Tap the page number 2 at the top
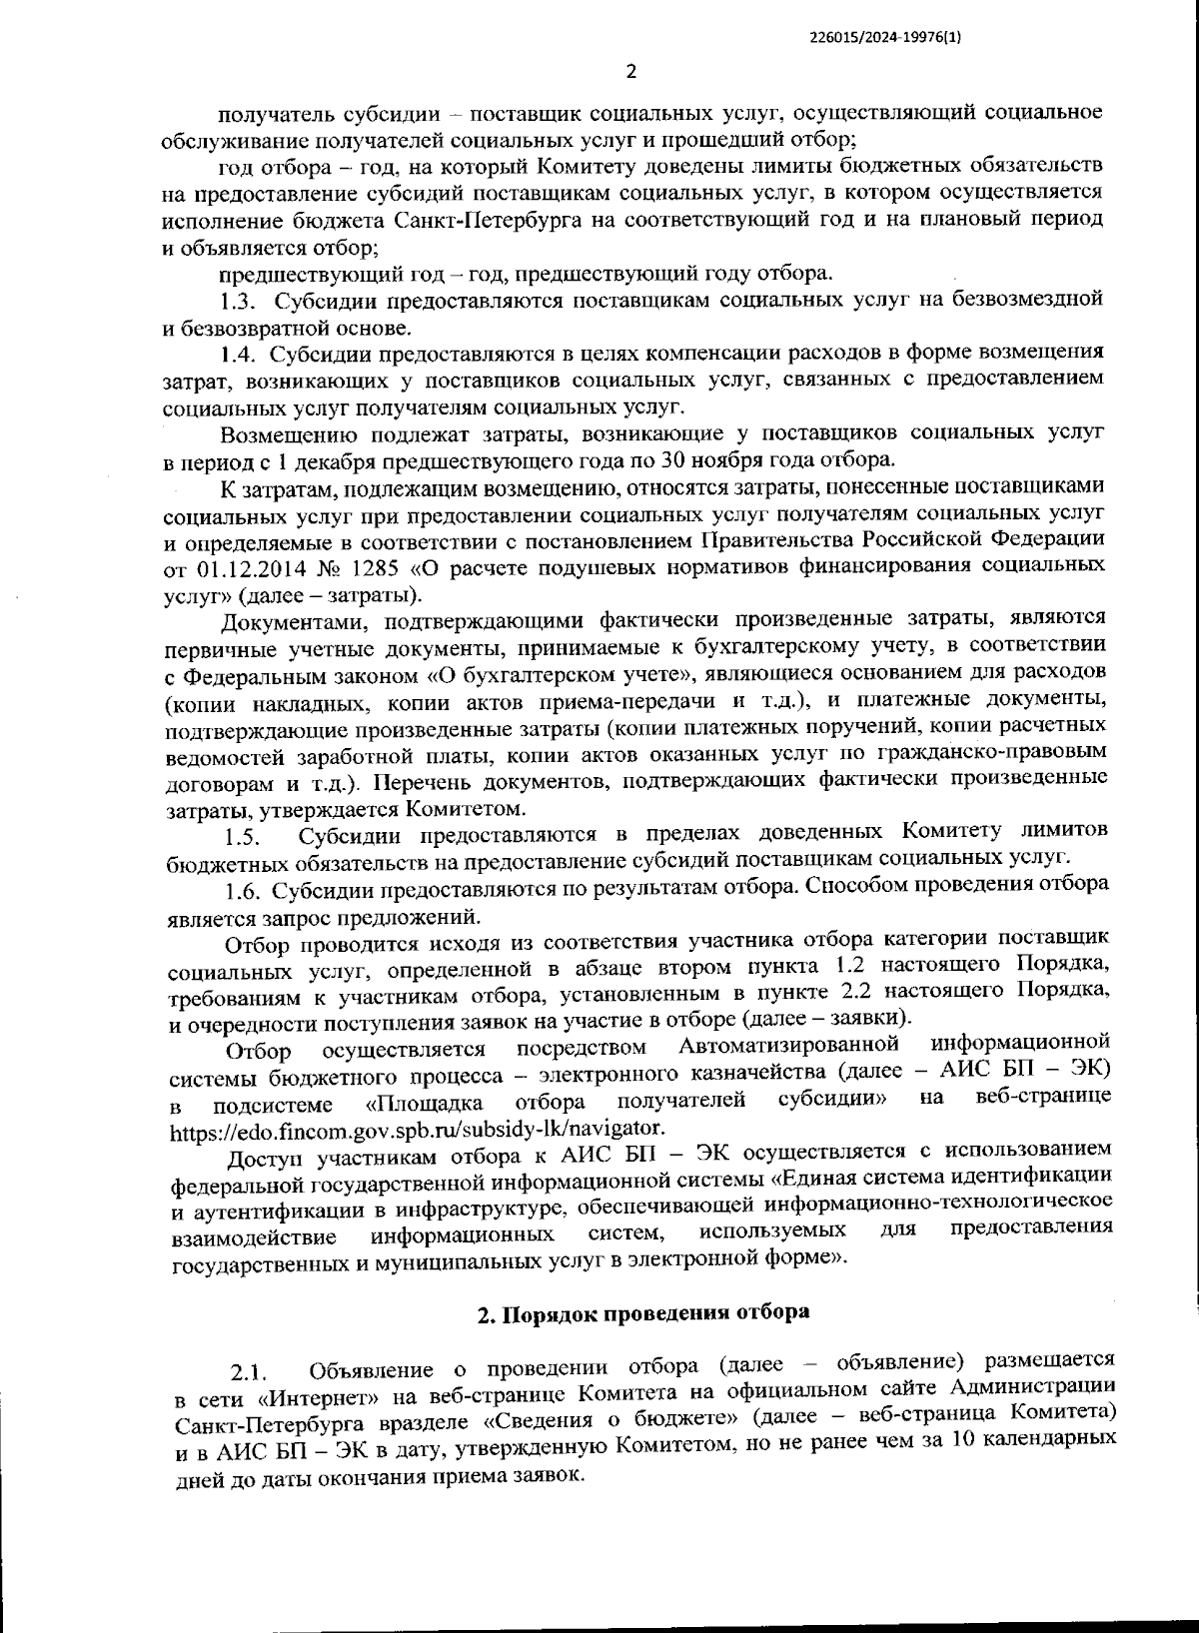[x=630, y=72]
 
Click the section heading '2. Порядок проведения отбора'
[x=643, y=1312]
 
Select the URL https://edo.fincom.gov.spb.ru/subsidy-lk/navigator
[x=417, y=1129]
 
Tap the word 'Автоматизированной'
[x=789, y=1047]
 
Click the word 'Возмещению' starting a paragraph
[x=289, y=434]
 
